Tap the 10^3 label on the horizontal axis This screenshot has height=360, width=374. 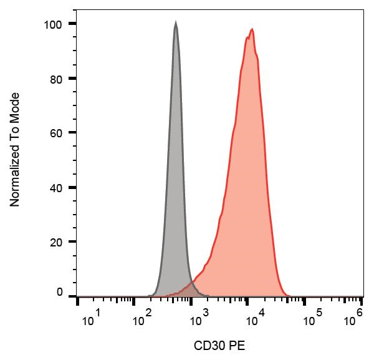click(x=198, y=320)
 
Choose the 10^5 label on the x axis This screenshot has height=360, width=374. click(x=309, y=320)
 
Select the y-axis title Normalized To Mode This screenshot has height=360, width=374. click(x=15, y=150)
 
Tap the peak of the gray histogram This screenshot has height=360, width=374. click(x=176, y=23)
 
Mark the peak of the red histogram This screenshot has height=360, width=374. click(x=251, y=29)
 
